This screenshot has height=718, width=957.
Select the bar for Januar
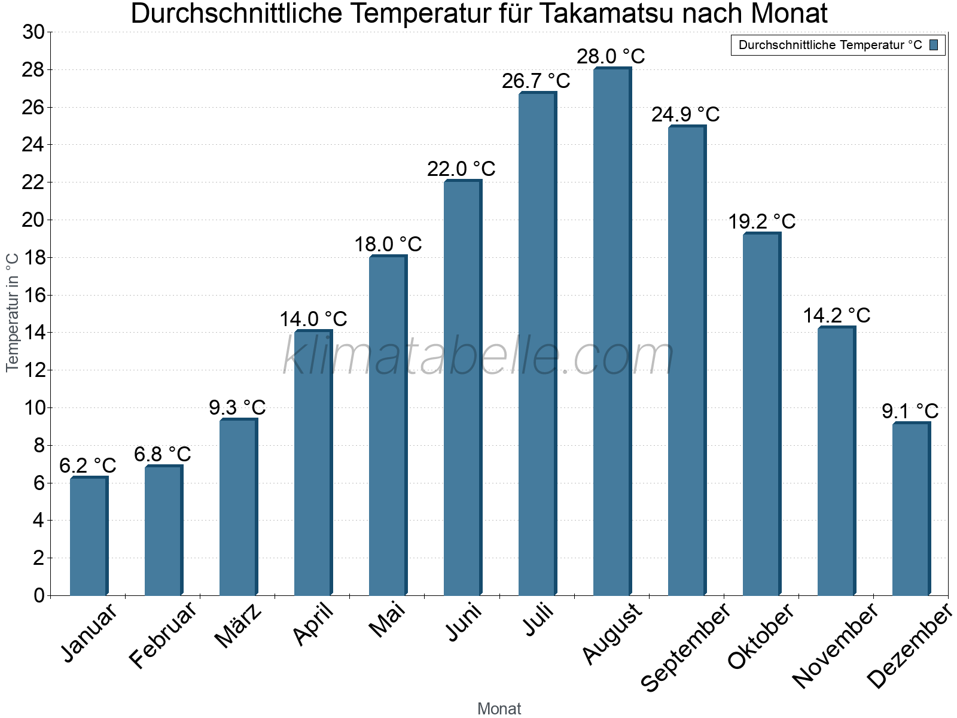(x=89, y=536)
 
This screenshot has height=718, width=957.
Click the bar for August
(x=612, y=332)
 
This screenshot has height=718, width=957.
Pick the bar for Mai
(x=388, y=426)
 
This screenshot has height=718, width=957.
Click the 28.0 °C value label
(x=611, y=56)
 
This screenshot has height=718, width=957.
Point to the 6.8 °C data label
(x=162, y=454)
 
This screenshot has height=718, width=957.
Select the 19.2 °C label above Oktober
(x=761, y=222)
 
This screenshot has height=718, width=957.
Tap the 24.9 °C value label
(x=685, y=114)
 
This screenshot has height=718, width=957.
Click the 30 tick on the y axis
(x=33, y=32)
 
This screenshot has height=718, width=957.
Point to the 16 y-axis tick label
(x=33, y=295)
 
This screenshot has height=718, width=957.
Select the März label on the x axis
(x=239, y=626)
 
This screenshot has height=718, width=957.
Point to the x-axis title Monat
(x=499, y=708)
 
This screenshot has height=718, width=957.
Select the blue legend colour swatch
(x=934, y=45)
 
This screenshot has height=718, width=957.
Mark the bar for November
(x=836, y=461)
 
